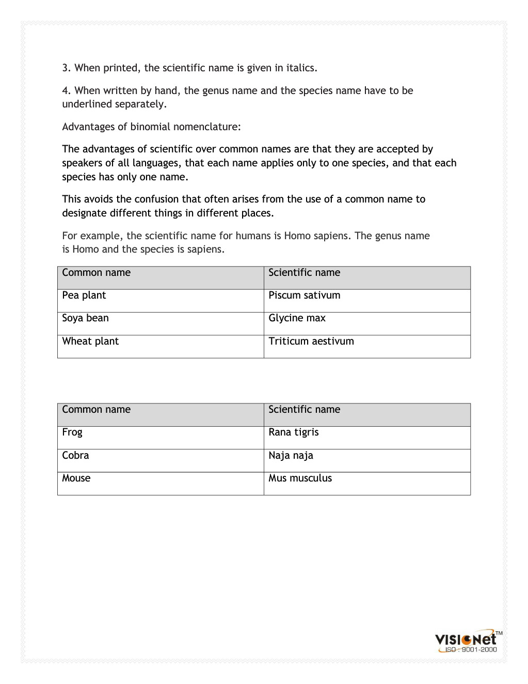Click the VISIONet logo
tap(466, 639)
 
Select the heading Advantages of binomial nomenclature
tap(151, 127)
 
